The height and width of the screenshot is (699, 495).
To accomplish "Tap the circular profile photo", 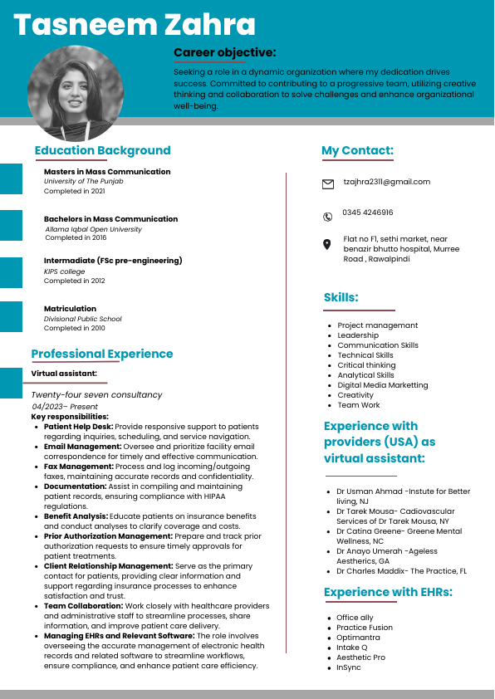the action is click(76, 92).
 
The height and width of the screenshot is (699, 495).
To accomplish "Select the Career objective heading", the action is click(224, 52).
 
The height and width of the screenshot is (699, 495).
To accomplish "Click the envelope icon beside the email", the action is click(328, 183).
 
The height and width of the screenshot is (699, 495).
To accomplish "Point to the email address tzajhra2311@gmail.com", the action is click(387, 182).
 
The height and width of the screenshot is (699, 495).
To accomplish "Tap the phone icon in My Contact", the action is click(327, 217).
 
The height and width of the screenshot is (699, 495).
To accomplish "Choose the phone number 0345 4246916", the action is click(368, 213).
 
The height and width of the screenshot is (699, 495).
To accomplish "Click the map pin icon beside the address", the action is click(327, 244).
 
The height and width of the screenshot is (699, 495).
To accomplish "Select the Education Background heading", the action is click(102, 150).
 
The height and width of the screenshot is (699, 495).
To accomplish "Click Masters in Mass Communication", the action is click(107, 172).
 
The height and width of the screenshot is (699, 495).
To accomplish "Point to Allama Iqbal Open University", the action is click(93, 229).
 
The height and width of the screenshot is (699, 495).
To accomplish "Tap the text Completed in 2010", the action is click(75, 328).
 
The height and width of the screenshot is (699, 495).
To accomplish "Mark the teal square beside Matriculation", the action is click(11, 316).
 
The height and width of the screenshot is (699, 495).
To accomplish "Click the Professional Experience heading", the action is click(102, 354).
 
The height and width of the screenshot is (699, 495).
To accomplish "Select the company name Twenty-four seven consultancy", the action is click(96, 394).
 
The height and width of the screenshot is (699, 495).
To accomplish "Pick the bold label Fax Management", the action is click(79, 467).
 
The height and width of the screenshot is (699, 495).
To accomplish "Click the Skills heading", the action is click(341, 297).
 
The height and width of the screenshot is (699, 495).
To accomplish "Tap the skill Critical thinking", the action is click(366, 365).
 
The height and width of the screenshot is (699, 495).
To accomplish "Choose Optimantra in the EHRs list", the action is click(358, 638).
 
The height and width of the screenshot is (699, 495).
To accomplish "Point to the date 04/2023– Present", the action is click(65, 407).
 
